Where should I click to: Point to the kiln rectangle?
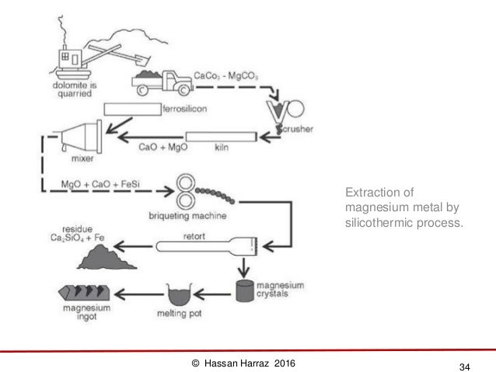[x=221, y=137]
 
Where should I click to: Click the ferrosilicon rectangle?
[x=131, y=109]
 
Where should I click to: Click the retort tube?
[x=205, y=246]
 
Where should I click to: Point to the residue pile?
[x=114, y=255]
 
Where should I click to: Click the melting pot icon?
[x=180, y=294]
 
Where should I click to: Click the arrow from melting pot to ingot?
[x=137, y=293]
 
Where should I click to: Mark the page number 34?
[x=466, y=365]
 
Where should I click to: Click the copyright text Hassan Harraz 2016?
[x=243, y=363]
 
